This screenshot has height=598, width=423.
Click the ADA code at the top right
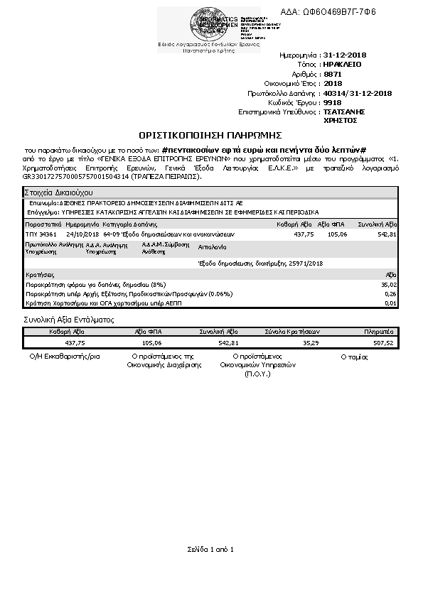tap(340, 12)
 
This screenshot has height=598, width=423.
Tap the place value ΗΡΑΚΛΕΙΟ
tap(342, 64)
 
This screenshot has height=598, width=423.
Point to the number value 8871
tap(332, 73)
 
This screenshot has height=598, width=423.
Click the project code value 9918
tap(332, 102)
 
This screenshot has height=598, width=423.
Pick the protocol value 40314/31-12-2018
tap(358, 92)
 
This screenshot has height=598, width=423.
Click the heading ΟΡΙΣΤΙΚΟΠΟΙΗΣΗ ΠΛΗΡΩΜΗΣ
tap(210, 134)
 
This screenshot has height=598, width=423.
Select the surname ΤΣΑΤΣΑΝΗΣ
tap(344, 112)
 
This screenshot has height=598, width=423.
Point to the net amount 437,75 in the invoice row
tap(304, 234)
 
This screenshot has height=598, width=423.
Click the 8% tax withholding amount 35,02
tap(388, 284)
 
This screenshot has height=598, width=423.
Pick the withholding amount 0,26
tap(390, 293)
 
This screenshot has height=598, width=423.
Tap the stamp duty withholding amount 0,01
tap(390, 303)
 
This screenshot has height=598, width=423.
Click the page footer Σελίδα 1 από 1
tap(210, 549)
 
